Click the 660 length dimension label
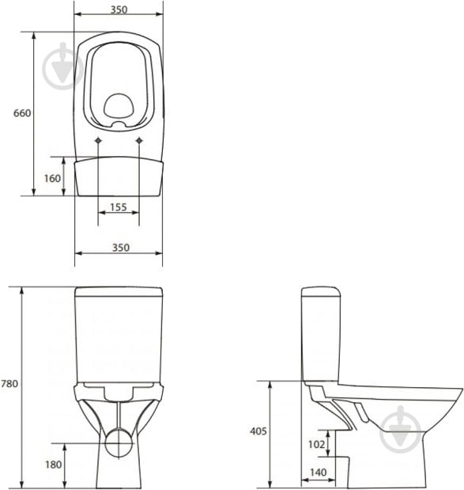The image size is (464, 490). tap(22, 113)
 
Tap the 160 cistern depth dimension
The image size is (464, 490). tap(52, 178)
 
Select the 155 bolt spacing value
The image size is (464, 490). tap(119, 207)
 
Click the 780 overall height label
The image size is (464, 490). tap(9, 383)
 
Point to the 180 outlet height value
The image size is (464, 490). tap(54, 465)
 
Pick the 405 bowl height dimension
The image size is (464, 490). tap(258, 431)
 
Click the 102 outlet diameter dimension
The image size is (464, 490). tap(316, 444)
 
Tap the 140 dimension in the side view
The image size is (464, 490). tap(319, 472)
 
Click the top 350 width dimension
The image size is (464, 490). tap(119, 9)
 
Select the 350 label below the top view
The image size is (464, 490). tap(121, 248)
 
